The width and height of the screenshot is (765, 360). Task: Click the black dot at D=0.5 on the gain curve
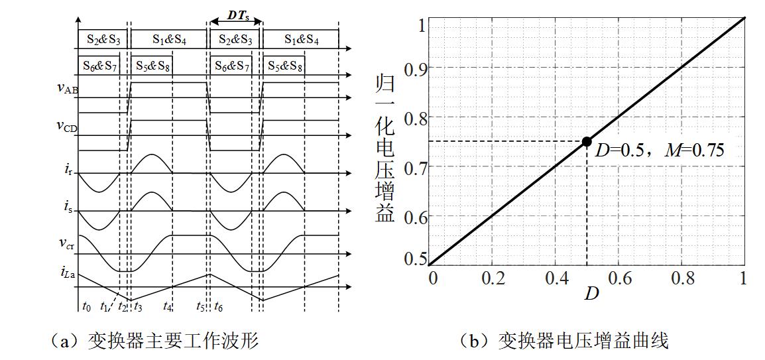pos(587,141)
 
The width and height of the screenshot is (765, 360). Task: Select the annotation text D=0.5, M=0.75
pos(659,149)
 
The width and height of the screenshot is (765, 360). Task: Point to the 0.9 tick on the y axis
pos(410,68)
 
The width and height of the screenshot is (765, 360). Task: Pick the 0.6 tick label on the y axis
pos(410,215)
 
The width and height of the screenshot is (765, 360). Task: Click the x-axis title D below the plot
pos(591,293)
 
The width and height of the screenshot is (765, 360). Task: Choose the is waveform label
pos(70,207)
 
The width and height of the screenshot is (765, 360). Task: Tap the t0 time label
pos(86,306)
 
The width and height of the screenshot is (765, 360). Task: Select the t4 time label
pos(168,306)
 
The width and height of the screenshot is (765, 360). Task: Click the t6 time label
pos(219,306)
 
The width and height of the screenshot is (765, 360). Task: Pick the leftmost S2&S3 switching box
pos(103,39)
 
